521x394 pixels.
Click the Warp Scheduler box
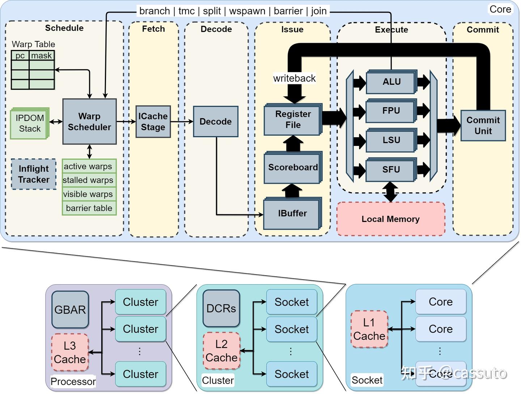click(x=89, y=122)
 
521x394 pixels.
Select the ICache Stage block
click(x=153, y=122)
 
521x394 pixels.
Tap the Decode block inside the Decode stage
click(x=216, y=122)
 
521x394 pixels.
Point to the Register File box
click(x=293, y=120)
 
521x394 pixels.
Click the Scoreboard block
click(x=293, y=168)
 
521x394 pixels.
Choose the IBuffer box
click(x=292, y=214)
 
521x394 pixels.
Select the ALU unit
click(x=391, y=82)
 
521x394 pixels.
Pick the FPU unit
click(x=391, y=111)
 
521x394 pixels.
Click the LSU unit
click(x=391, y=140)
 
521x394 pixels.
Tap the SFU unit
click(x=391, y=169)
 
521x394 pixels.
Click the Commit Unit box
click(x=483, y=126)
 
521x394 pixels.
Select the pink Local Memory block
click(x=391, y=219)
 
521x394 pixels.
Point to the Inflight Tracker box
click(x=34, y=174)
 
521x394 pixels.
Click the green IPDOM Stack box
click(x=30, y=123)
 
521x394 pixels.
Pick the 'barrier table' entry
click(x=89, y=208)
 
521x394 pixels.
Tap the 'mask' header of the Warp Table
click(x=42, y=55)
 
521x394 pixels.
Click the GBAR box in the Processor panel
click(x=70, y=310)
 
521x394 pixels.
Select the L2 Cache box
click(x=221, y=351)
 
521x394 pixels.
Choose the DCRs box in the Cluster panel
click(x=221, y=308)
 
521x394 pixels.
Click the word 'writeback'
click(x=294, y=78)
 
